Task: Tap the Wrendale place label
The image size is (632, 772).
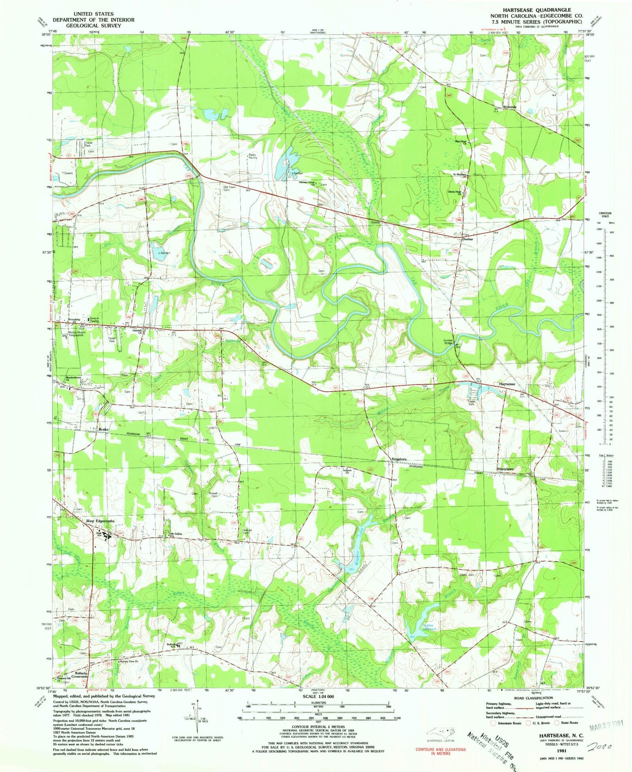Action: [509, 107]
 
